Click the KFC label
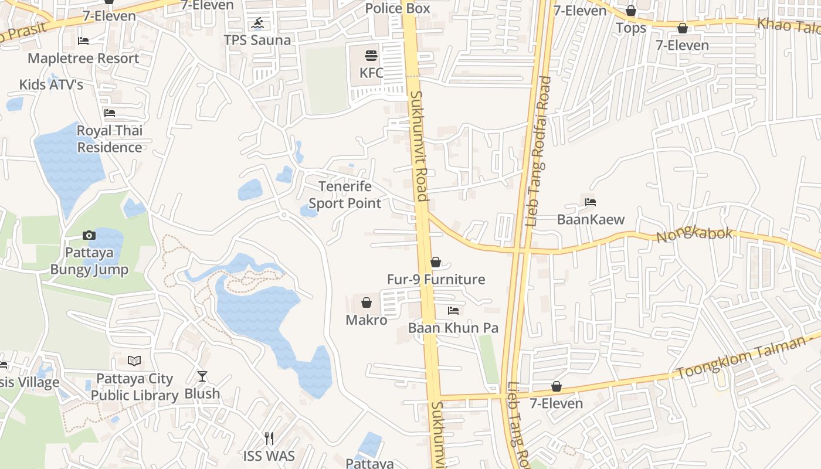pyautogui.click(x=371, y=73)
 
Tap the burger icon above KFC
pyautogui.click(x=371, y=56)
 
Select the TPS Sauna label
pyautogui.click(x=257, y=40)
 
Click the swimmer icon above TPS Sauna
pyautogui.click(x=257, y=23)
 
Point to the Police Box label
pyautogui.click(x=398, y=8)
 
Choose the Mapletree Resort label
pyautogui.click(x=83, y=58)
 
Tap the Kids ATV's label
pyautogui.click(x=51, y=84)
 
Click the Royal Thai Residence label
pyautogui.click(x=110, y=139)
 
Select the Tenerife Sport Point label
pyautogui.click(x=345, y=195)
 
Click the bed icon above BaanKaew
pyautogui.click(x=591, y=202)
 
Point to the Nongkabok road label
pyautogui.click(x=694, y=235)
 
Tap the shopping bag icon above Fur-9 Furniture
pyautogui.click(x=436, y=262)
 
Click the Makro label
pyautogui.click(x=367, y=320)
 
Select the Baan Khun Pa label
pyautogui.click(x=453, y=328)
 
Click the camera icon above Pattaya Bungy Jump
pyautogui.click(x=89, y=236)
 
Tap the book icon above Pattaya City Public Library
pyautogui.click(x=134, y=361)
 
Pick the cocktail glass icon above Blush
pyautogui.click(x=202, y=376)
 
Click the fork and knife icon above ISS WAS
pyautogui.click(x=269, y=439)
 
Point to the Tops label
pyautogui.click(x=631, y=28)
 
